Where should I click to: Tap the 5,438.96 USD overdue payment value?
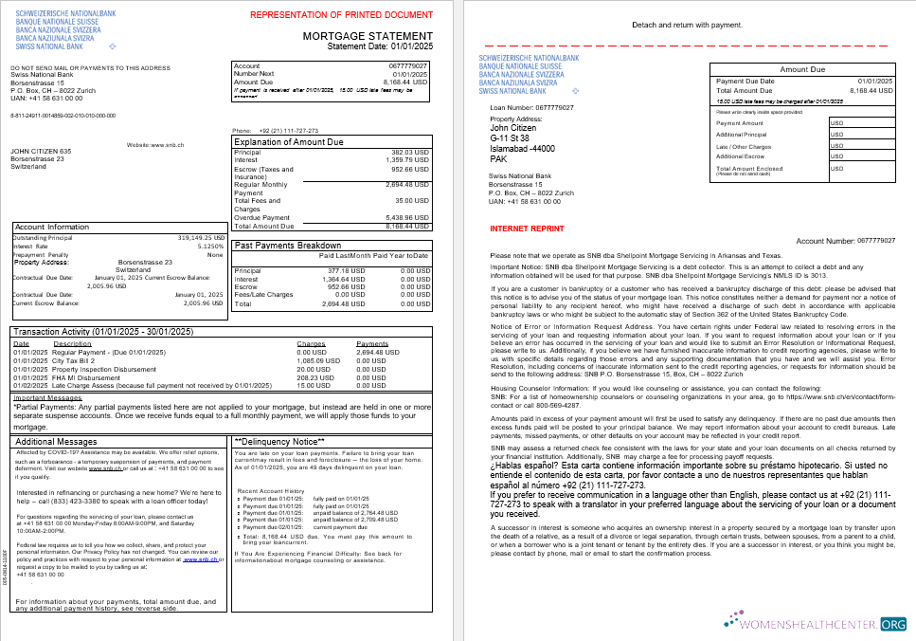coord(408,217)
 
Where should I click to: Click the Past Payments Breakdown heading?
coord(287,245)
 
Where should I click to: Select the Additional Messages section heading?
coord(57,442)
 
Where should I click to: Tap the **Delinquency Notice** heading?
coord(280,442)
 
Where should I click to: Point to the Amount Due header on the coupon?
coord(802,69)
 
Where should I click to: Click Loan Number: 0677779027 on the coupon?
coord(531,108)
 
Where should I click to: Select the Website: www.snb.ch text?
coord(153,145)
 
